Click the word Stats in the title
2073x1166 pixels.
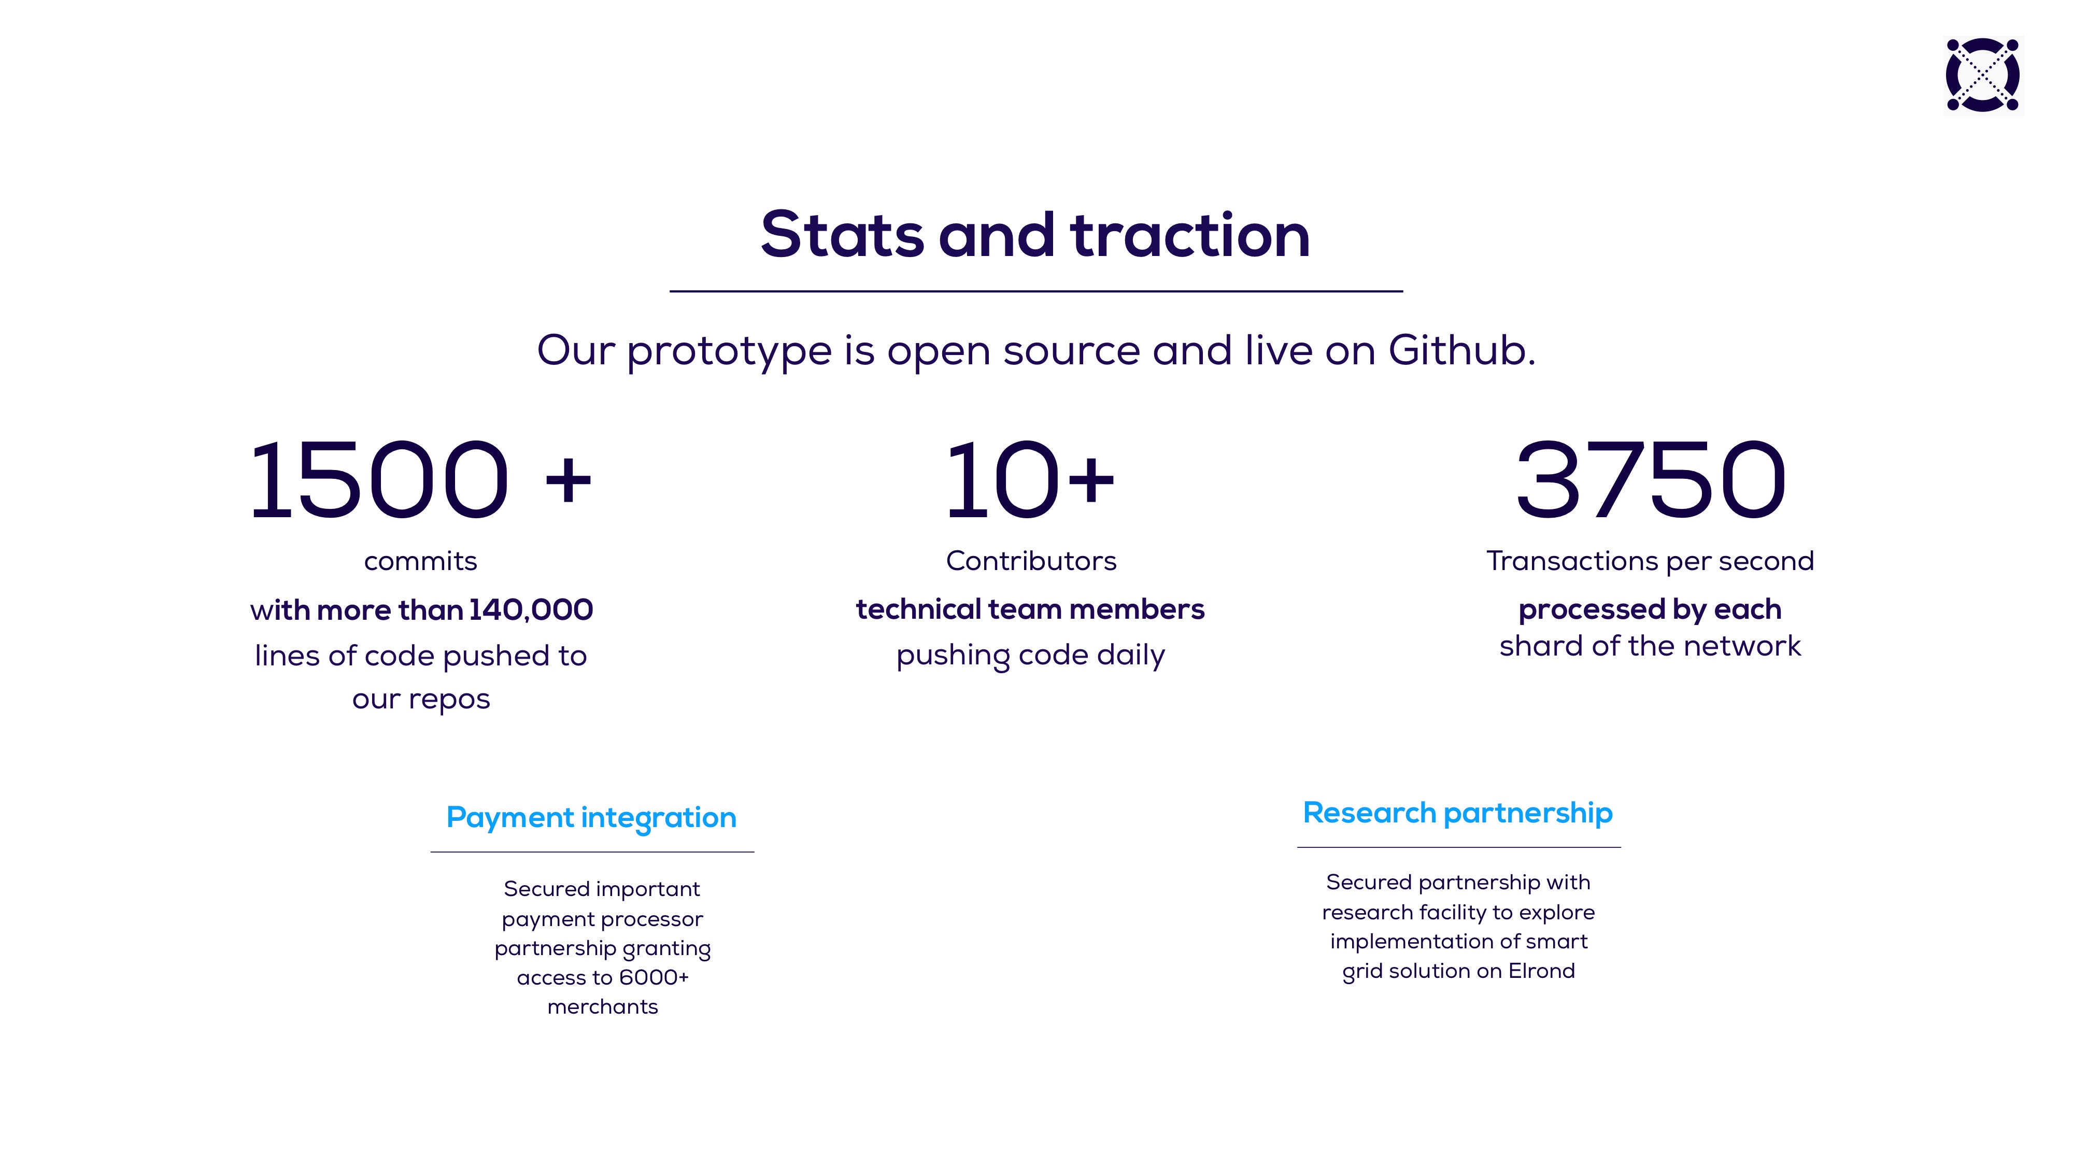coord(842,235)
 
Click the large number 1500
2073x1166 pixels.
coord(378,480)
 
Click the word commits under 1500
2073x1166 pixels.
coord(420,561)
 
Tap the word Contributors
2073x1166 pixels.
coord(1031,561)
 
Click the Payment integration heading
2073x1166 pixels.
coord(591,818)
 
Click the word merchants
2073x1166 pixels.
coord(603,1007)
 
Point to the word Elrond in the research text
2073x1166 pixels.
coord(1542,971)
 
